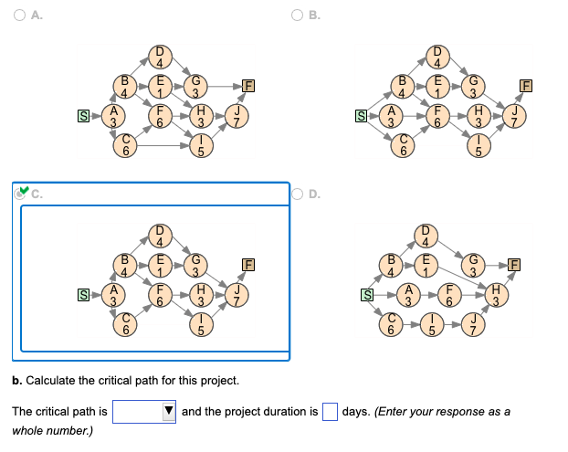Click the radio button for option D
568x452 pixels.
coord(298,194)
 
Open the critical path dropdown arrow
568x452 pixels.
coord(168,412)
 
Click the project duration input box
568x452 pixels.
coord(330,412)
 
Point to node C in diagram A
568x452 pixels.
coord(131,143)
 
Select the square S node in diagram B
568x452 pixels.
coord(360,116)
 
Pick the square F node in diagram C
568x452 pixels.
coord(247,265)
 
